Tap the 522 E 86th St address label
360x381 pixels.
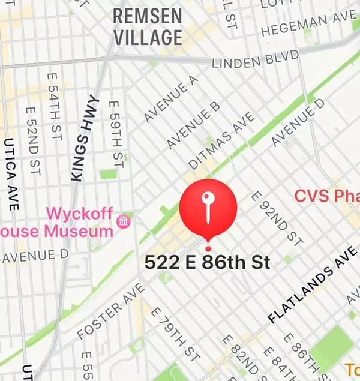click(x=208, y=262)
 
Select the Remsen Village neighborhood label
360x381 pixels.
click(x=147, y=26)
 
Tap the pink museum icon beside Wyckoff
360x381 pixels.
click(x=125, y=221)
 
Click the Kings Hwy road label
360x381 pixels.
click(x=83, y=137)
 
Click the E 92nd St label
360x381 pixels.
click(x=277, y=218)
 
